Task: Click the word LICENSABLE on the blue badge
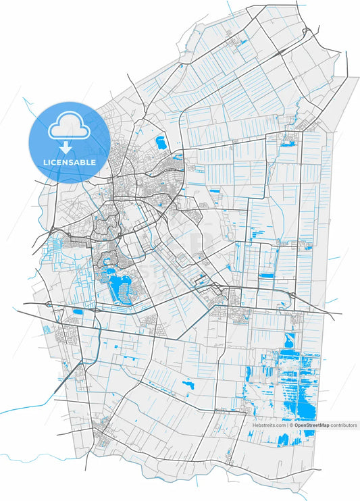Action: pos(68,162)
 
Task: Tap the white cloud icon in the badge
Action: pos(68,126)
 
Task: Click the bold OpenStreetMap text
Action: pos(311,425)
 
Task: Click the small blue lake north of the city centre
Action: pos(161,142)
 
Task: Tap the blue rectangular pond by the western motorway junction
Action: pos(77,312)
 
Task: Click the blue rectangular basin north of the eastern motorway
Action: pos(266,275)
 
